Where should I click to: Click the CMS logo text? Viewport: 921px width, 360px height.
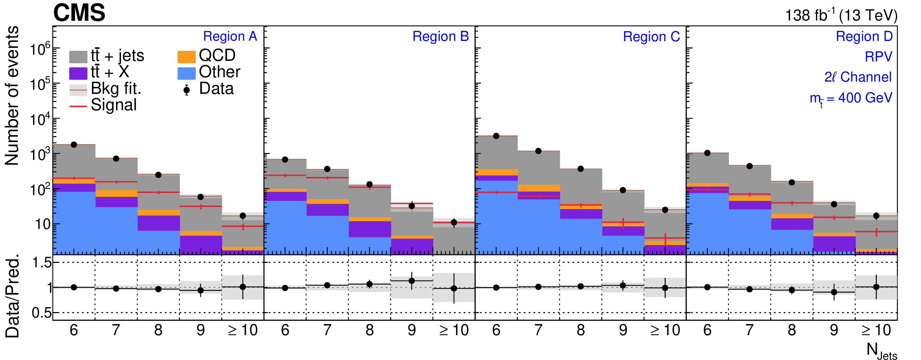79,13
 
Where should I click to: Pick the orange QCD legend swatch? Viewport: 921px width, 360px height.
186,56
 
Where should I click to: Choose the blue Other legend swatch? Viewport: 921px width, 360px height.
186,73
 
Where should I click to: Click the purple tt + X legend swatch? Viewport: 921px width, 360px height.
78,73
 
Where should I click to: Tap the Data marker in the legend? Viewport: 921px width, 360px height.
186,90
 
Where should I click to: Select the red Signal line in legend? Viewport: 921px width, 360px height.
78,106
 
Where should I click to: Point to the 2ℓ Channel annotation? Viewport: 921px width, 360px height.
858,77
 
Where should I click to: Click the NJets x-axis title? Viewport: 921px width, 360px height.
881,351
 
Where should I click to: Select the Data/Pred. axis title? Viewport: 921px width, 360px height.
12,296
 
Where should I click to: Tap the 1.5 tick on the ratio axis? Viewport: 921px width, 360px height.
42,263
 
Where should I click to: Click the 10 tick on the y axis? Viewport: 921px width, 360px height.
42,224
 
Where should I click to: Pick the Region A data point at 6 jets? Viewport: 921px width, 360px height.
74,144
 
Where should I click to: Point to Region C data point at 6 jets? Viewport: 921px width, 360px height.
496,136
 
